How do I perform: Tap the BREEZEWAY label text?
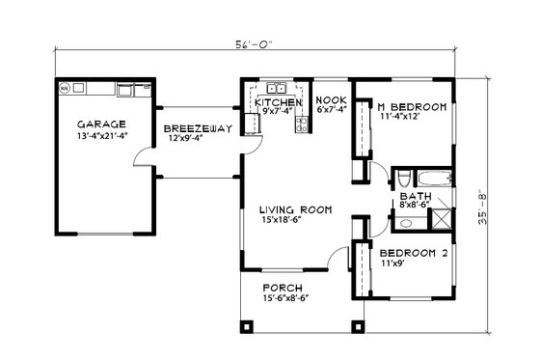click(196, 128)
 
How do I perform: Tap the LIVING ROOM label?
click(295, 208)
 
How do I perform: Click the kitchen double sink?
click(276, 88)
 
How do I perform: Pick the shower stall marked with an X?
click(440, 217)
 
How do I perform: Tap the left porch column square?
click(247, 326)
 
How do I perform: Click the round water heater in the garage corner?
click(66, 89)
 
